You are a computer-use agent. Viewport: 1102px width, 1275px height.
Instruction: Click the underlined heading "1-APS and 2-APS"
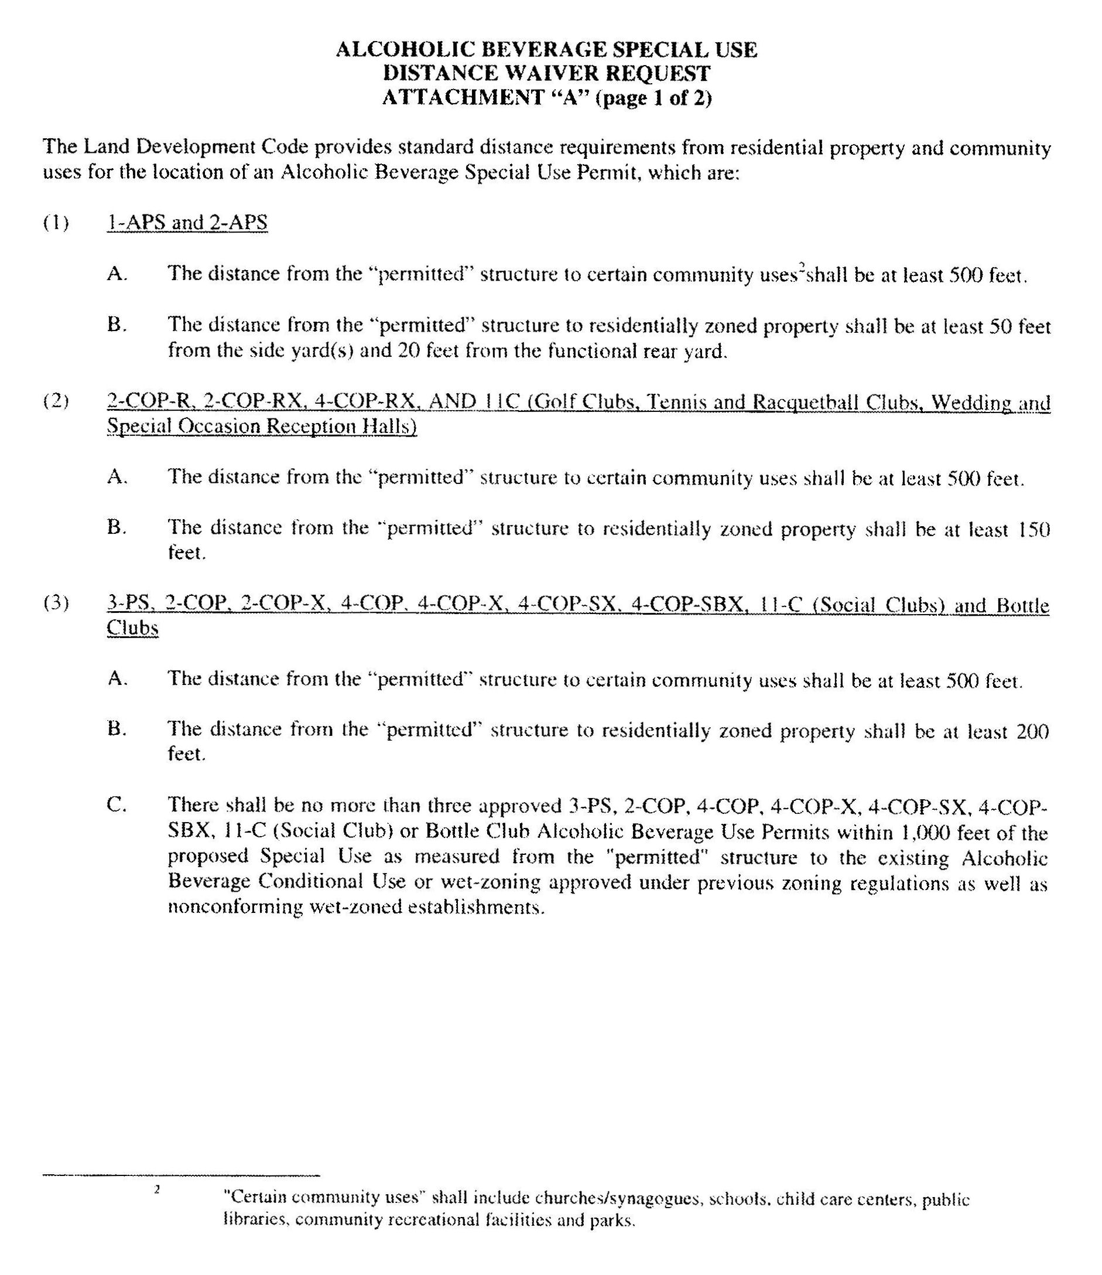[x=187, y=222]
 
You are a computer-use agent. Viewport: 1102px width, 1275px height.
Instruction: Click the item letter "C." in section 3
[x=117, y=805]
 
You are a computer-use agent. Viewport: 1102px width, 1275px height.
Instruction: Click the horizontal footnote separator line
[x=181, y=1175]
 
